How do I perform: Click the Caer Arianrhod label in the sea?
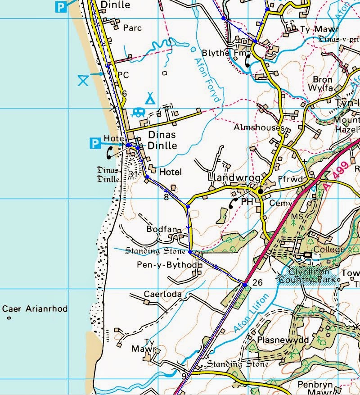(35, 309)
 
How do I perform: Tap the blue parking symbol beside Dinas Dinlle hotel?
(95, 144)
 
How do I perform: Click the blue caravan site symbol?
(139, 112)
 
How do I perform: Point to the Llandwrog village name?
(229, 179)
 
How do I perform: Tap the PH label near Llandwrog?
(247, 202)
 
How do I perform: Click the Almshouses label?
(259, 128)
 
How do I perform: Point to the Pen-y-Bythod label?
(167, 265)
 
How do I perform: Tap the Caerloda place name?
(163, 295)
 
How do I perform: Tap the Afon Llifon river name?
(251, 314)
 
